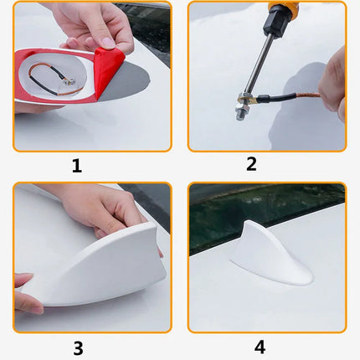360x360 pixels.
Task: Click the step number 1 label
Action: [x=76, y=166]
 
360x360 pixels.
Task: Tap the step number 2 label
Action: [x=251, y=164]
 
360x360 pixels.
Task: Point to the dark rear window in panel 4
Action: [x=251, y=209]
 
